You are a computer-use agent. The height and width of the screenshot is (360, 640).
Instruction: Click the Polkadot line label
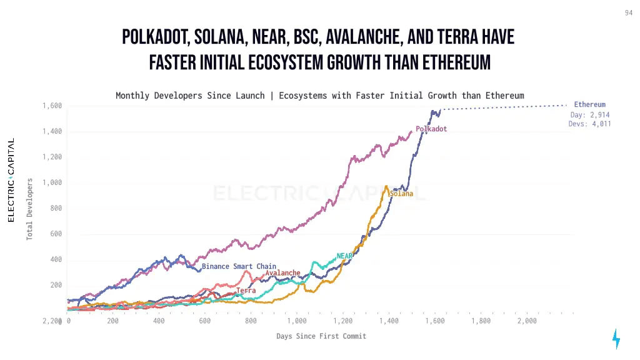431,129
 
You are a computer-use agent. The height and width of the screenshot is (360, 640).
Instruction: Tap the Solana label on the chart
401,194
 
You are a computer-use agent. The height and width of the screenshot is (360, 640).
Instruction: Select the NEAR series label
344,256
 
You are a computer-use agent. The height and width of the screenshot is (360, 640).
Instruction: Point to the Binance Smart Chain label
239,266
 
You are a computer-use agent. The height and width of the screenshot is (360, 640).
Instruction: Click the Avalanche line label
282,273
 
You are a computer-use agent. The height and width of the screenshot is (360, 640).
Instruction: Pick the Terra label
246,291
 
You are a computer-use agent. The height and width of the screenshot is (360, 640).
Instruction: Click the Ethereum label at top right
589,104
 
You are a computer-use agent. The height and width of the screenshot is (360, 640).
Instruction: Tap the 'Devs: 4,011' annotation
589,124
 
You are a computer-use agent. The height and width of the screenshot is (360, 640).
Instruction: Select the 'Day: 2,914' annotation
589,115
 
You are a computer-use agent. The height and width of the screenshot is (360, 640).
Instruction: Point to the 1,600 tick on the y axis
52,106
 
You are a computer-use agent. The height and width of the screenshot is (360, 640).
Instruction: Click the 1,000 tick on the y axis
52,182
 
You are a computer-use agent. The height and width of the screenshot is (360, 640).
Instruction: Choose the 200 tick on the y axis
56,285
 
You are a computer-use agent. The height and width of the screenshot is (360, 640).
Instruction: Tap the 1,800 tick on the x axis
481,321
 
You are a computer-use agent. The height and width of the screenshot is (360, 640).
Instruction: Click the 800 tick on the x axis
251,321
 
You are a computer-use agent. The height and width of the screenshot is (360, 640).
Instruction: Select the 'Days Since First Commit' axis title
321,336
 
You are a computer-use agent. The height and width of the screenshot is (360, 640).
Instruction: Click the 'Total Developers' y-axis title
29,209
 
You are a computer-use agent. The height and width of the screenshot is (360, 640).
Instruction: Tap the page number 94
628,13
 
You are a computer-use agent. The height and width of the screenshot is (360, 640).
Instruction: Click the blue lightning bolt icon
616,338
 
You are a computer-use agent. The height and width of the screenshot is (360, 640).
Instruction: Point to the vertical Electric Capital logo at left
11,181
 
